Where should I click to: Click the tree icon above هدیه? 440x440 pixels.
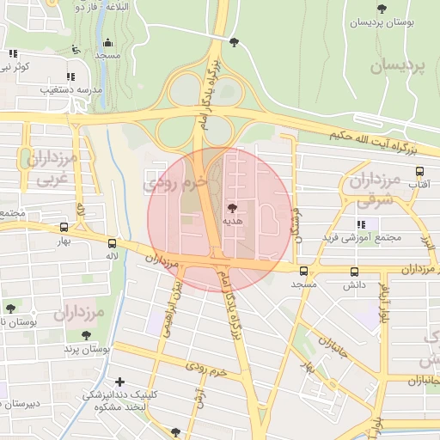[232, 207]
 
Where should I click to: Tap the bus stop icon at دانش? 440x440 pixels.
[354, 272]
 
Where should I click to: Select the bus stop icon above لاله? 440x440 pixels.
[113, 243]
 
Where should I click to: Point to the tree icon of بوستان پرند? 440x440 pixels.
[86, 336]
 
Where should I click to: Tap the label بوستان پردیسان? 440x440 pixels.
[382, 22]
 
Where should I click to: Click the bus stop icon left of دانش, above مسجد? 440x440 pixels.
[303, 272]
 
